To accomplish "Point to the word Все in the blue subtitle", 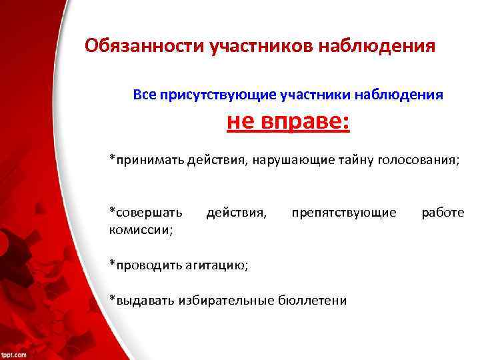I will (x=145, y=95).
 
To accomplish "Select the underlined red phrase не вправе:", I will (x=289, y=123).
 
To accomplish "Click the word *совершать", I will (x=146, y=212).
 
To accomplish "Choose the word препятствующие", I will (x=344, y=212).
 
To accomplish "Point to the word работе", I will (x=443, y=212).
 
